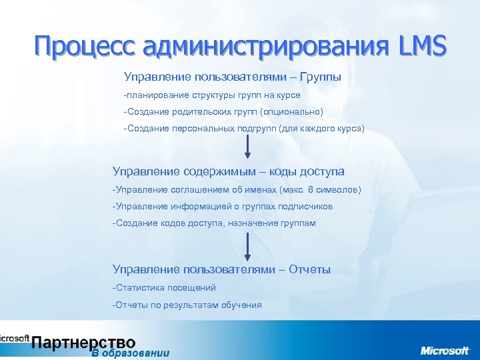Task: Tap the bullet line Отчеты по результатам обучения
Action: coord(187,305)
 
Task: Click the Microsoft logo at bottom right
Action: coord(444,350)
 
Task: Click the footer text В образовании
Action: coord(131,353)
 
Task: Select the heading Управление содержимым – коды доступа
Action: coord(228,172)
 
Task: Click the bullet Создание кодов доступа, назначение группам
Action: coord(214,223)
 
